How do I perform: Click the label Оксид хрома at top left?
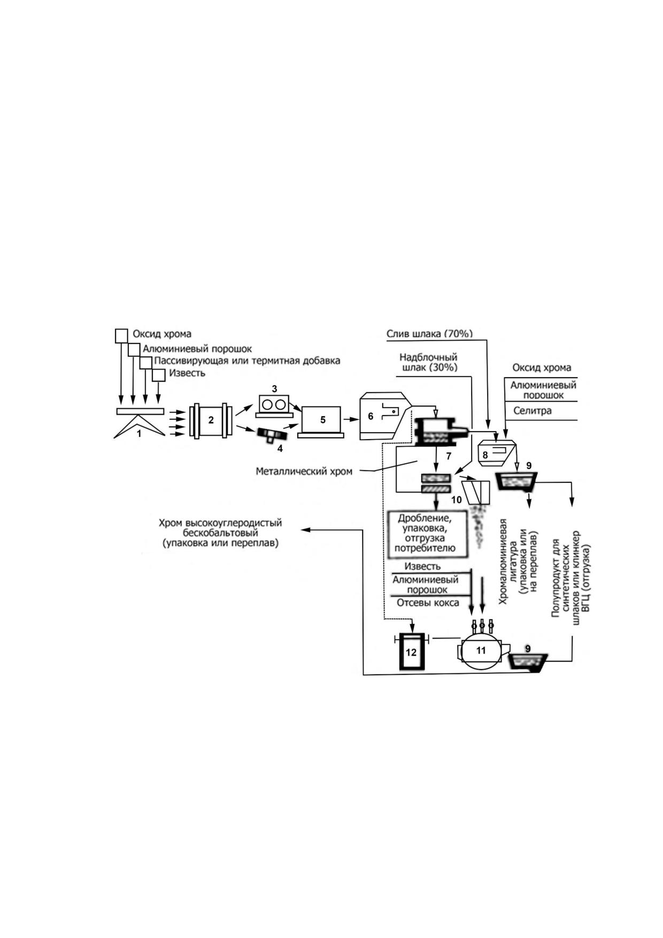[x=161, y=334]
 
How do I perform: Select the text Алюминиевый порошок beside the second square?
[x=197, y=349]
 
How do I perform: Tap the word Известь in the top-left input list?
[x=187, y=373]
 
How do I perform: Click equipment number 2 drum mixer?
[x=211, y=421]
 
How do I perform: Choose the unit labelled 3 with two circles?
[x=274, y=405]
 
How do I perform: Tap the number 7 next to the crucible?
[x=449, y=456]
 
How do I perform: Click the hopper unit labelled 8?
[x=497, y=452]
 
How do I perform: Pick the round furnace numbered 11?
[x=481, y=649]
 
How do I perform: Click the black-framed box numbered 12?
[x=411, y=651]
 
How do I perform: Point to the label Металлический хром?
[x=304, y=472]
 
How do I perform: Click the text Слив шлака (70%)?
[x=429, y=334]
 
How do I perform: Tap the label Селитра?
[x=532, y=411]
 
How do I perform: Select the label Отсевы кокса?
[x=428, y=603]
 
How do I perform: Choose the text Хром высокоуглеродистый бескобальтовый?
[x=220, y=528]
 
